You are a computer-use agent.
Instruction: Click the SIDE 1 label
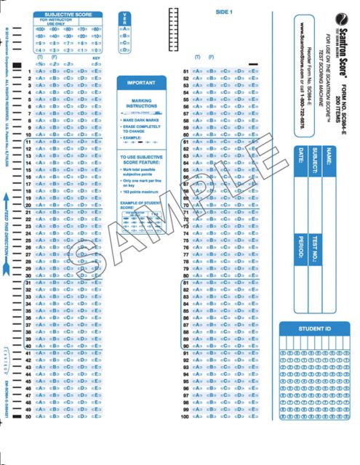coord(223,12)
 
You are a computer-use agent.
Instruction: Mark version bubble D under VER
coord(126,49)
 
